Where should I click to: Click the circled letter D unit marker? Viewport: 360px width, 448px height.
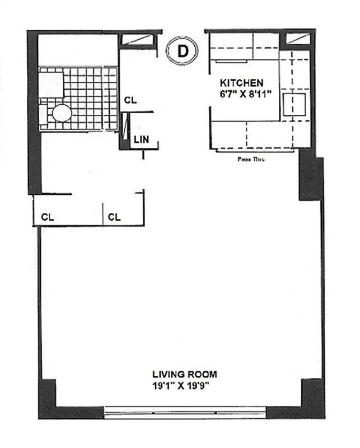coord(183,51)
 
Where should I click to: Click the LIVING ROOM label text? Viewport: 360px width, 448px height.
coord(185,374)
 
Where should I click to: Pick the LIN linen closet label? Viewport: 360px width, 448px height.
coord(141,140)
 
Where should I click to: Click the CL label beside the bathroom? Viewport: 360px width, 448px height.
coord(130,100)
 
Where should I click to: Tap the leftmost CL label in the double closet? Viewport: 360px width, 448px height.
coord(48,217)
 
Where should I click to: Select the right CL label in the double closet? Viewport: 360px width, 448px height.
coord(114,217)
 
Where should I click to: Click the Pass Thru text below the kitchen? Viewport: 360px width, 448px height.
coord(250,159)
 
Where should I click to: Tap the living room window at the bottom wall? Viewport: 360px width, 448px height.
coord(185,414)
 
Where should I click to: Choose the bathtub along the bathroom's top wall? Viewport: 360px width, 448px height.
coord(77,50)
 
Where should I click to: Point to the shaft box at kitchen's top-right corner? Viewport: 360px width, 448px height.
coord(296,39)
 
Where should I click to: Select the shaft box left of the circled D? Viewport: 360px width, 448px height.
coord(136,39)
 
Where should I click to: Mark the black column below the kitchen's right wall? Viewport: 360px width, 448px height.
coord(311,178)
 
